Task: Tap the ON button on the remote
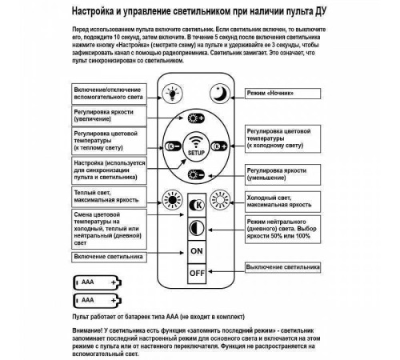(x=195, y=251)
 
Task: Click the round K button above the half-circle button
(x=195, y=203)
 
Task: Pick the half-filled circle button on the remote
(x=195, y=227)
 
